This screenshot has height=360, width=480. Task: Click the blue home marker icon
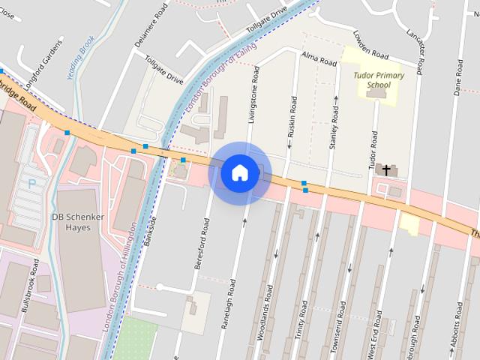[x=240, y=173]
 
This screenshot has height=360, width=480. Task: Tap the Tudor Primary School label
[x=380, y=80]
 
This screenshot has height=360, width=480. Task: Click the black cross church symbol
[x=387, y=170]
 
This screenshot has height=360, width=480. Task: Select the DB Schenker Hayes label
[x=75, y=221]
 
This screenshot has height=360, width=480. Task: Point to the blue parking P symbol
[x=31, y=183]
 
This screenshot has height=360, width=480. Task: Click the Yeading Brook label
[x=82, y=58]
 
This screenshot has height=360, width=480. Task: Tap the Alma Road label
[x=318, y=59]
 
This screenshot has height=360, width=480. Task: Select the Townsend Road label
[x=338, y=320]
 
